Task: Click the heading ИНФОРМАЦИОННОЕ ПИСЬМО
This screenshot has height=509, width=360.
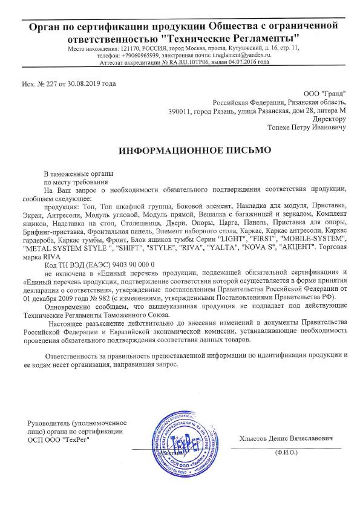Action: click(x=180, y=148)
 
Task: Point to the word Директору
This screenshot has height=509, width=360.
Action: click(x=329, y=119)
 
